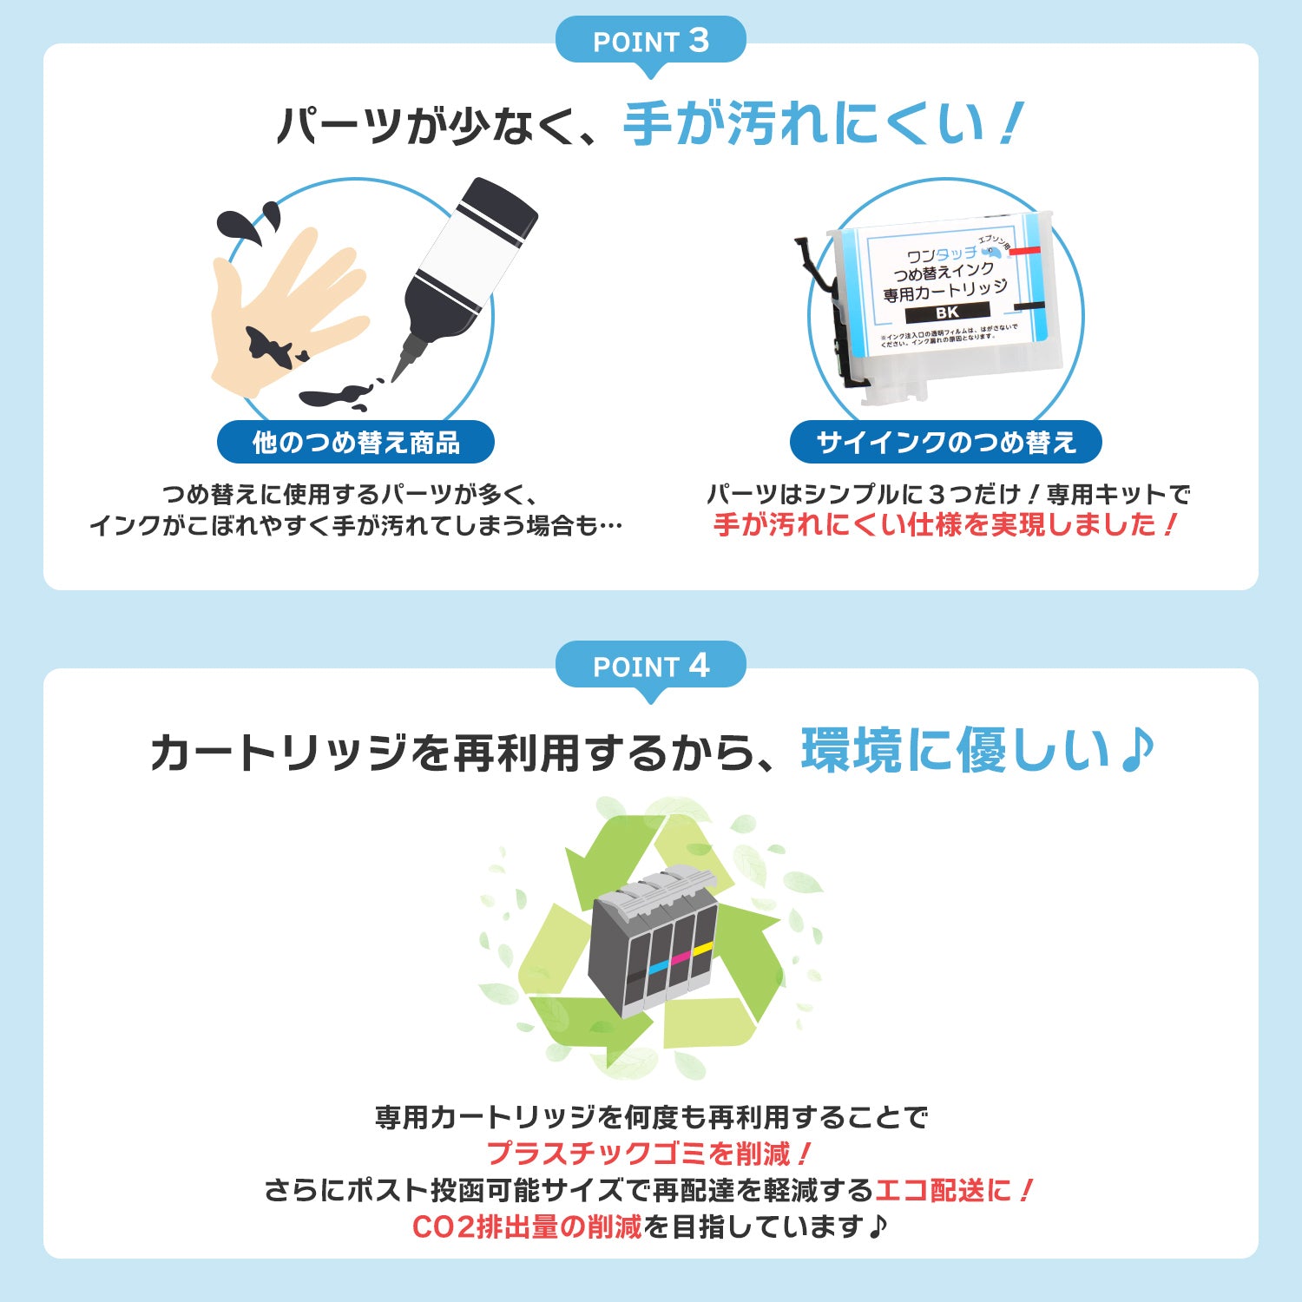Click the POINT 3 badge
tap(650, 41)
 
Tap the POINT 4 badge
tap(650, 666)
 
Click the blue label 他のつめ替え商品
tap(356, 443)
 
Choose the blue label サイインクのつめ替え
tap(946, 443)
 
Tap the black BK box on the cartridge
tap(947, 312)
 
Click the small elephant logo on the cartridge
tap(990, 252)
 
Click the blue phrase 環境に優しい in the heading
tap(955, 750)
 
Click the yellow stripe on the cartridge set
tap(702, 949)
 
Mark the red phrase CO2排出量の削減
tap(527, 1226)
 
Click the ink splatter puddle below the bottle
tap(334, 398)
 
